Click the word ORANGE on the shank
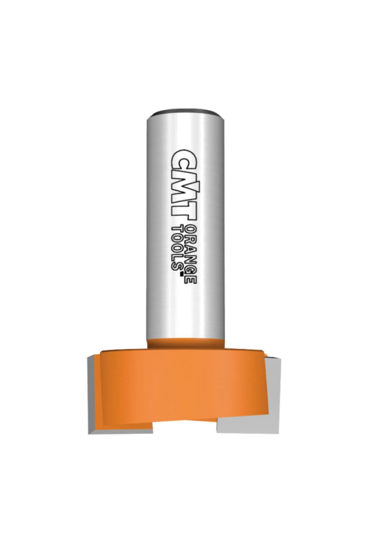point(190,255)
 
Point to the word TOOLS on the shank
point(177,248)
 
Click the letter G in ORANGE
point(190,270)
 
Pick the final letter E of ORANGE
point(190,280)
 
